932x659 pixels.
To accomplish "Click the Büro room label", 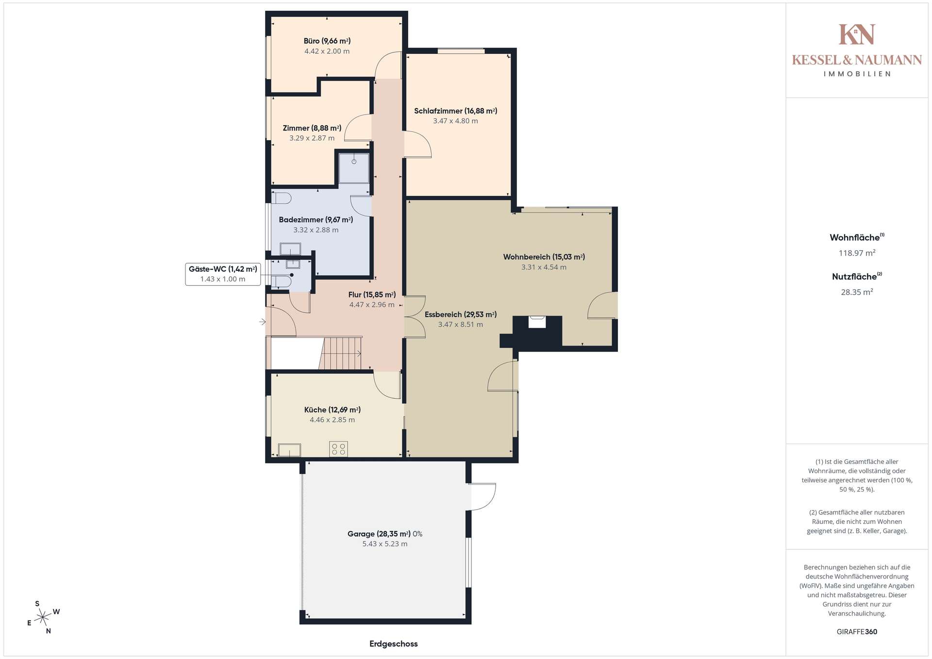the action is (327, 41).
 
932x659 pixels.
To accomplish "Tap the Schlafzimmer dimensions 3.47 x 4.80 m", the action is (455, 121).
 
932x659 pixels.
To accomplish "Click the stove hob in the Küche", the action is (338, 449).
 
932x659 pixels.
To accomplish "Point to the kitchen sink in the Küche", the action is (289, 450).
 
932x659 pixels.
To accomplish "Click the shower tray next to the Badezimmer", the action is (354, 168).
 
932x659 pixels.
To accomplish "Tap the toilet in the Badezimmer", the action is (281, 198).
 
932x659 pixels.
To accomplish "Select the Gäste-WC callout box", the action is (223, 274).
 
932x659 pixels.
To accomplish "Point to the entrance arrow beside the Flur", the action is (263, 322).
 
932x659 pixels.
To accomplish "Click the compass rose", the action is (43, 617).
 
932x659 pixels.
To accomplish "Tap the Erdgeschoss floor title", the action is (394, 644).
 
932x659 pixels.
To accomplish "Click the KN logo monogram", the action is (857, 34).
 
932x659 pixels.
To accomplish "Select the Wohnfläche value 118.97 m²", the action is (857, 253).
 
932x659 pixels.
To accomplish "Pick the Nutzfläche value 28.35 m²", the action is (857, 292).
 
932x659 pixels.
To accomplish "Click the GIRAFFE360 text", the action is (857, 632).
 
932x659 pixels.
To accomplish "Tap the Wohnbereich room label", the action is (544, 257).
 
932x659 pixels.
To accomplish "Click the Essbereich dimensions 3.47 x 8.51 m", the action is (460, 325).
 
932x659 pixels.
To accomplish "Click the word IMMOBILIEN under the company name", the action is (857, 74).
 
